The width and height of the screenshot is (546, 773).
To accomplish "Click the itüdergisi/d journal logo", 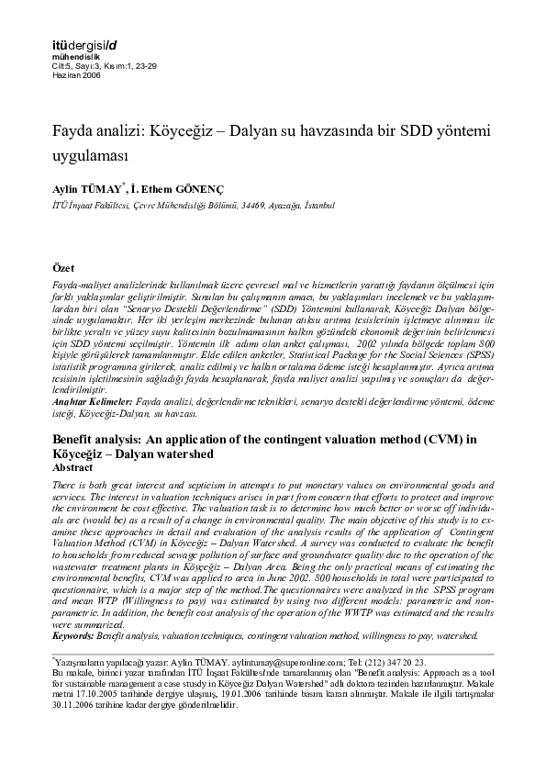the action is pyautogui.click(x=84, y=44).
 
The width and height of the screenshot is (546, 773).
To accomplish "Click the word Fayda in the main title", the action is pyautogui.click(x=73, y=132).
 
